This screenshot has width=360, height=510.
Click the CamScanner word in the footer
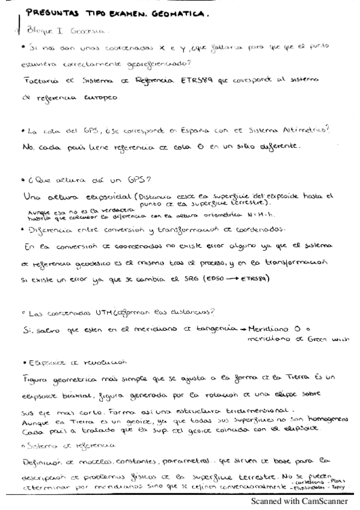pyautogui.click(x=325, y=500)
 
